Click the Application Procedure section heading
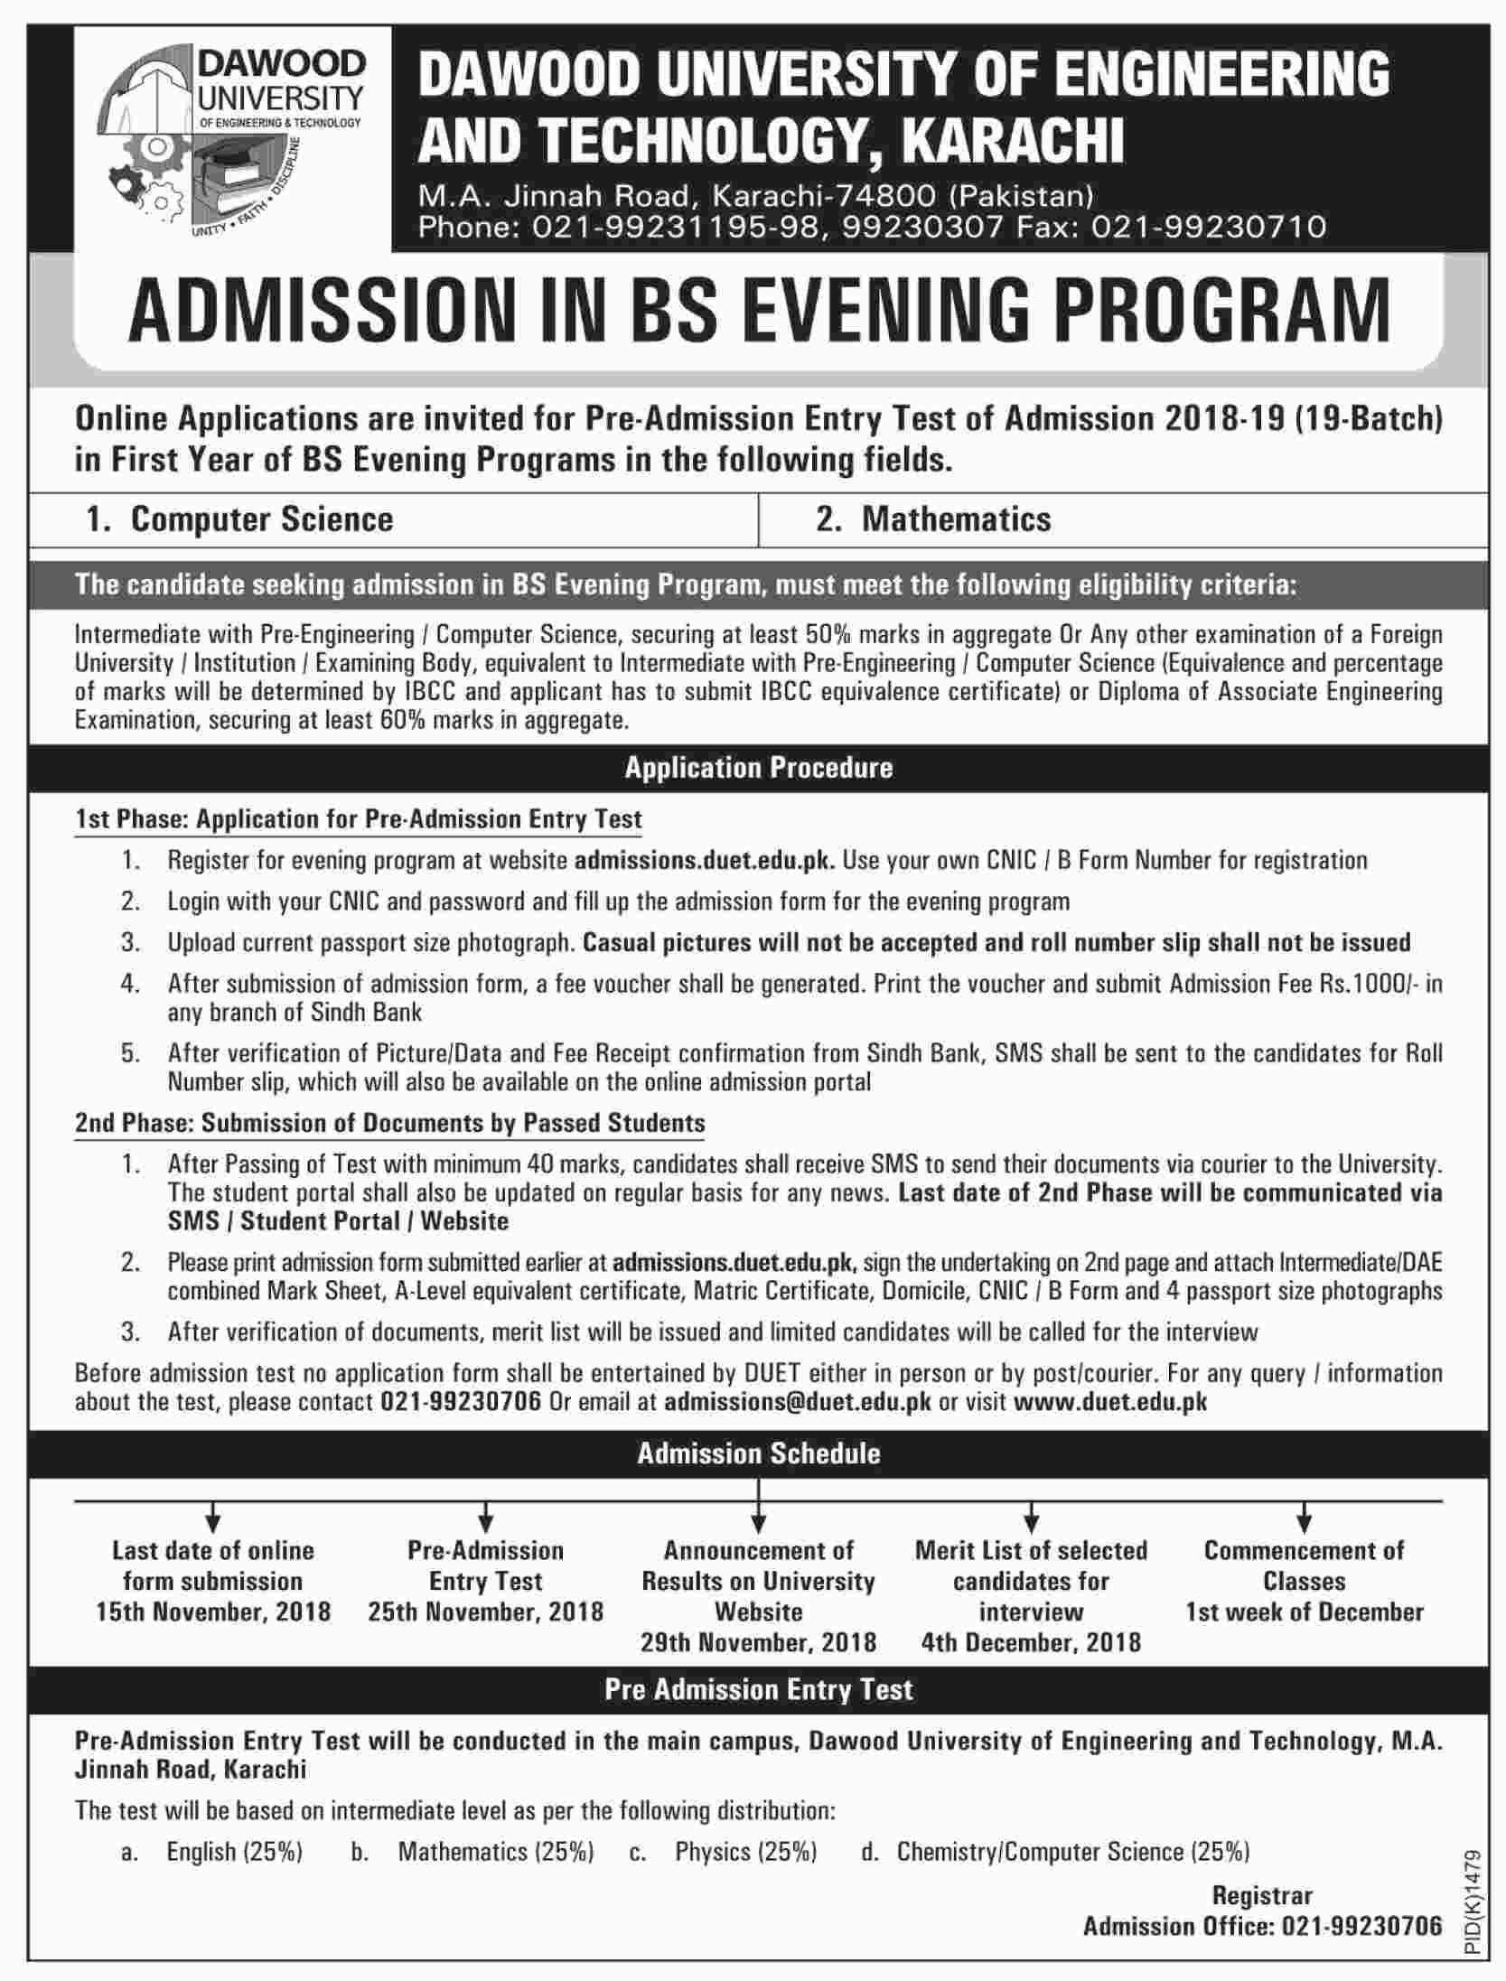click(x=758, y=768)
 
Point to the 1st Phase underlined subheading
click(x=358, y=819)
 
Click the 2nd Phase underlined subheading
click(x=389, y=1123)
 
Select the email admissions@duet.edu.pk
click(x=797, y=1402)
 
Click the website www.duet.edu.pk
click(x=1110, y=1402)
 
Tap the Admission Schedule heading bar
click(x=758, y=1453)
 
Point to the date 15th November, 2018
click(x=213, y=1612)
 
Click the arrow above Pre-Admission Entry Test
click(x=485, y=1516)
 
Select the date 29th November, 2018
click(x=758, y=1642)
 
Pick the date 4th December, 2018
click(x=1031, y=1642)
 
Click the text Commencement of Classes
click(x=1304, y=1565)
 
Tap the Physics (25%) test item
click(x=745, y=1852)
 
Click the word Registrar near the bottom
click(x=1262, y=1895)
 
